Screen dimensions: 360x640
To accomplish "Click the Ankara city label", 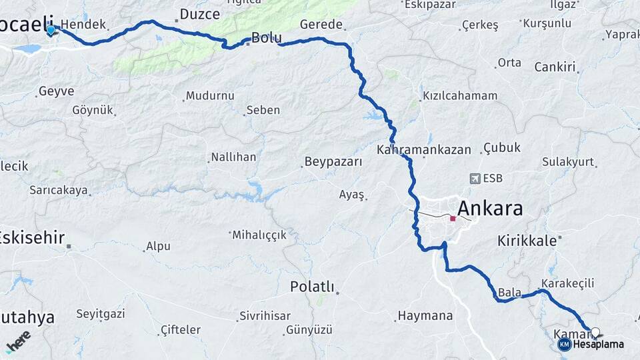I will click(x=489, y=209).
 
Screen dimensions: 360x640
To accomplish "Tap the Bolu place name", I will click(x=266, y=37).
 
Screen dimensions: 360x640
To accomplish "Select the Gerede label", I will click(x=321, y=25).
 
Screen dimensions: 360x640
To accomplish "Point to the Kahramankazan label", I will click(x=423, y=150).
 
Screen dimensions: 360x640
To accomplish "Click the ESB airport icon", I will click(x=475, y=178).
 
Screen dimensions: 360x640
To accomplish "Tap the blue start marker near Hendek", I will click(x=51, y=30).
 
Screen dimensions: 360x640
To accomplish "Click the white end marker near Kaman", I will click(x=595, y=331).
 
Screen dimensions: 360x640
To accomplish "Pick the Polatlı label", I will click(x=311, y=287).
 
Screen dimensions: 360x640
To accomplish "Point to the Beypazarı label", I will click(x=333, y=161).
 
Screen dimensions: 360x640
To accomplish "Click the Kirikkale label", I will click(x=527, y=241).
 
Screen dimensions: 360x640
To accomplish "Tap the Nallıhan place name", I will click(x=233, y=157).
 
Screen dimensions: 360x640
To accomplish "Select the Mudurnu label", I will click(x=210, y=96).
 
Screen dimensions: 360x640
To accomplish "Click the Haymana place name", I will click(x=425, y=315).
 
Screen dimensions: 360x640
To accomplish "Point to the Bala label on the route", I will click(x=509, y=292).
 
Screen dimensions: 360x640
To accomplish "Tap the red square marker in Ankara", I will click(x=453, y=218).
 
